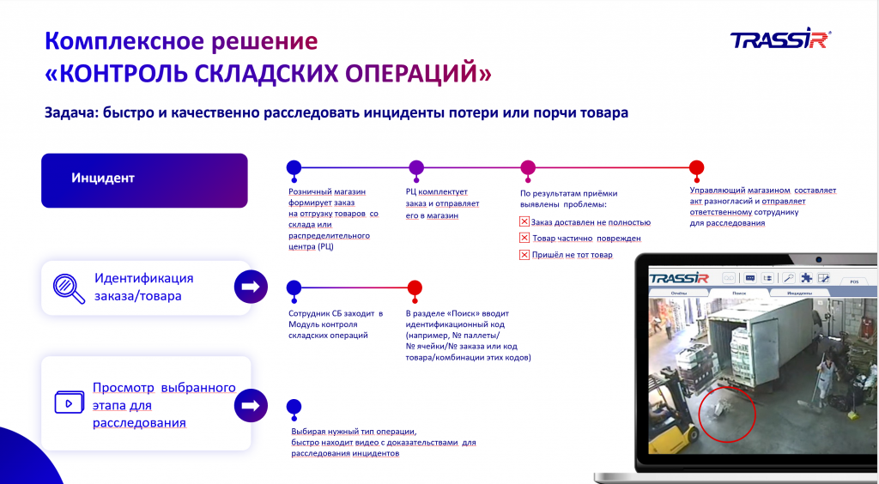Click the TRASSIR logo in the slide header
coord(779,40)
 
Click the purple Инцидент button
coord(144,180)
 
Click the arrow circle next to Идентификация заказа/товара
coord(250,286)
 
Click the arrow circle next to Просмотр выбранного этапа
coord(250,404)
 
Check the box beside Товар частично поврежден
coord(524,238)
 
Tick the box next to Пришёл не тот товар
coord(524,255)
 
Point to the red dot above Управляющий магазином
coord(696,167)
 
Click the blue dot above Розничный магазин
coord(294,167)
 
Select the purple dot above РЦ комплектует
coord(416,167)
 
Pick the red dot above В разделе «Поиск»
coord(415,287)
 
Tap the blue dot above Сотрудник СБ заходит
coord(294,287)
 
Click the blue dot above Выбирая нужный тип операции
coord(294,407)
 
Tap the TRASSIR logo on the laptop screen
coord(679,278)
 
